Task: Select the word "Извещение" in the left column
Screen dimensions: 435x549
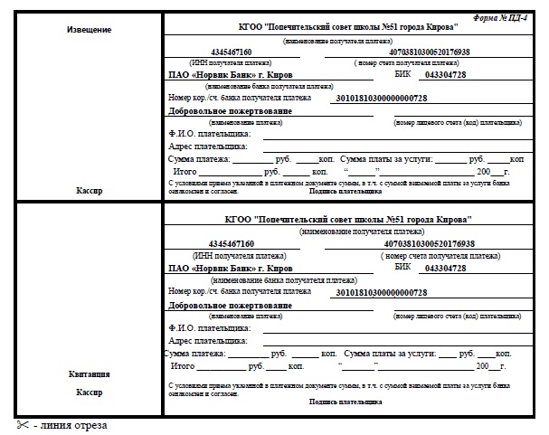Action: coord(89,30)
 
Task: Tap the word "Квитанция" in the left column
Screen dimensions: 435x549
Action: coord(89,374)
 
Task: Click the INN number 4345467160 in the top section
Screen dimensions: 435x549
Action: coord(230,52)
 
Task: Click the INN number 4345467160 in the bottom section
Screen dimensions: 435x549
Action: coord(230,244)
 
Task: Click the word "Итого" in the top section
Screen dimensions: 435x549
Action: coord(185,171)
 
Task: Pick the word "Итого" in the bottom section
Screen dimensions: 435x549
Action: coord(183,365)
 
